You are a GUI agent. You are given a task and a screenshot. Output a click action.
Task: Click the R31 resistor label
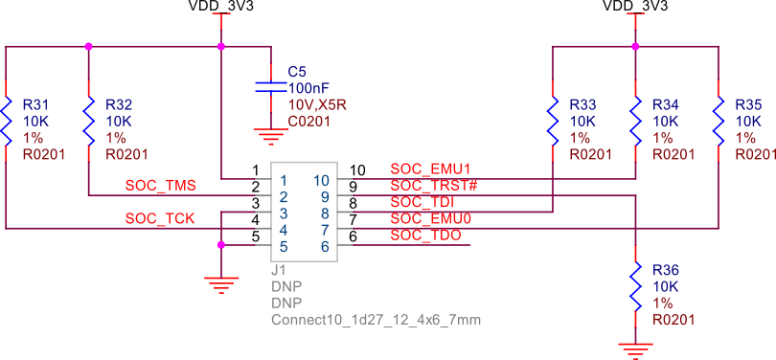36,103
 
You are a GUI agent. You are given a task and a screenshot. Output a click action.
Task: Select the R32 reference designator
119,103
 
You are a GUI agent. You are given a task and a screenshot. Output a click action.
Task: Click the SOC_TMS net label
160,184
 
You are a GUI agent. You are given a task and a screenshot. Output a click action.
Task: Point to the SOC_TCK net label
160,218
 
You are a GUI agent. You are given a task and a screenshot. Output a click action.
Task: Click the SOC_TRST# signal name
434,186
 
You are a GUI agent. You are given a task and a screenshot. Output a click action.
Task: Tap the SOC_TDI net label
422,202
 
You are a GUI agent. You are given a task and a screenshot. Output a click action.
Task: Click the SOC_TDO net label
426,235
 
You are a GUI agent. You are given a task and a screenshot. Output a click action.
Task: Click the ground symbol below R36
634,348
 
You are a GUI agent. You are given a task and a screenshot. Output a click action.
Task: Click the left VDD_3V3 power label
220,7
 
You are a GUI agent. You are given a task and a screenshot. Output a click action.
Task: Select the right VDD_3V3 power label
634,7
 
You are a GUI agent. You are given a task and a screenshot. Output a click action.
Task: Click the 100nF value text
308,87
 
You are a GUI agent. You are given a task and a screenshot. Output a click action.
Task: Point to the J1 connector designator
279,271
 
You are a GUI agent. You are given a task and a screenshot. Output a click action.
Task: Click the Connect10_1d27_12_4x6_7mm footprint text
376,319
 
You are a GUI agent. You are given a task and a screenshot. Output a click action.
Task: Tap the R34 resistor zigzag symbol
634,120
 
